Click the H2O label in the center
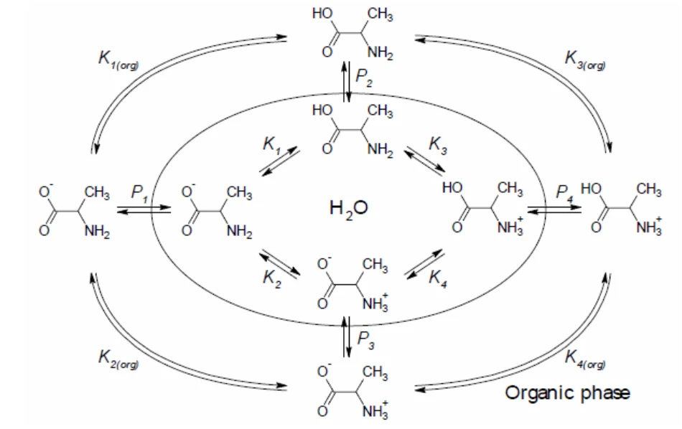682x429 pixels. [348, 209]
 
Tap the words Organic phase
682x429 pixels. [567, 392]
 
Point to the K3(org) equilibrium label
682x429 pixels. [585, 60]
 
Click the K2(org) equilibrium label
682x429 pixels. [118, 359]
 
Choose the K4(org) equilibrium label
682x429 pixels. [585, 359]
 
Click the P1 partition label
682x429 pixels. [139, 193]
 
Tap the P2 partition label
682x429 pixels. [364, 77]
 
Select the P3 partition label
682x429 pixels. [365, 339]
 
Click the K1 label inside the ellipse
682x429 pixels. [271, 145]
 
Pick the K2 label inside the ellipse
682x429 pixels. [272, 278]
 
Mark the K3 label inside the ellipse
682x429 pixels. [438, 145]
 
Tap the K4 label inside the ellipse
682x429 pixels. [438, 278]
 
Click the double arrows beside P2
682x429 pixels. [346, 82]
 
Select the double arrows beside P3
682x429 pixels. [346, 337]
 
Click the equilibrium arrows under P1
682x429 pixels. [144, 209]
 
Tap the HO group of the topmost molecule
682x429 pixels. [322, 14]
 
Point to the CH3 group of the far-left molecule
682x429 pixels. [97, 192]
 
